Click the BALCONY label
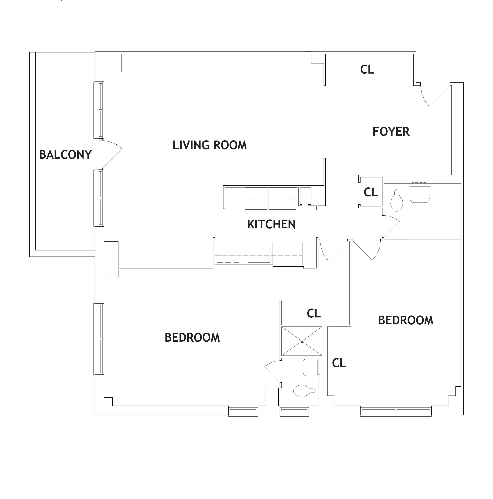65,155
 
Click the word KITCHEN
271,224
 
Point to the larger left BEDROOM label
192,338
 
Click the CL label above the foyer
367,69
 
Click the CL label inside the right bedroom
339,363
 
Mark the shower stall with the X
302,341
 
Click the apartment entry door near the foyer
436,97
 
